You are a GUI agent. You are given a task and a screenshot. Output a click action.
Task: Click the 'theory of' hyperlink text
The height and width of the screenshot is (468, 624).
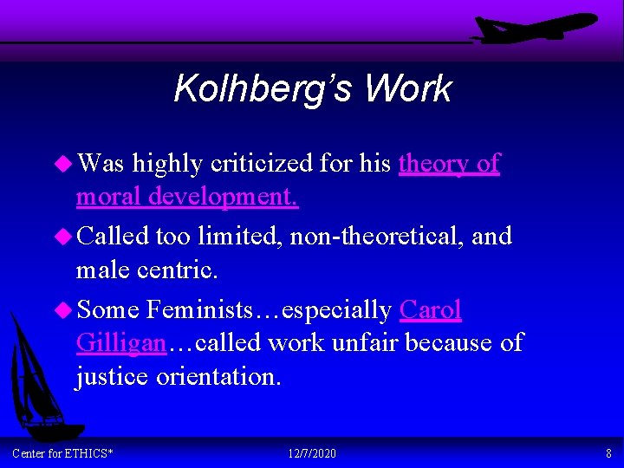click(449, 163)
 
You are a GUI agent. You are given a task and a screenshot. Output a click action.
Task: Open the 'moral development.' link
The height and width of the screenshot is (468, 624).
click(187, 197)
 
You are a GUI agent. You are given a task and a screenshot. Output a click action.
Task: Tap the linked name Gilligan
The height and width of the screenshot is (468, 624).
click(120, 343)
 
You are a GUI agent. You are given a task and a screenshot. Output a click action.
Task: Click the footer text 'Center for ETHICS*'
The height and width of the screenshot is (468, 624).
click(62, 454)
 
